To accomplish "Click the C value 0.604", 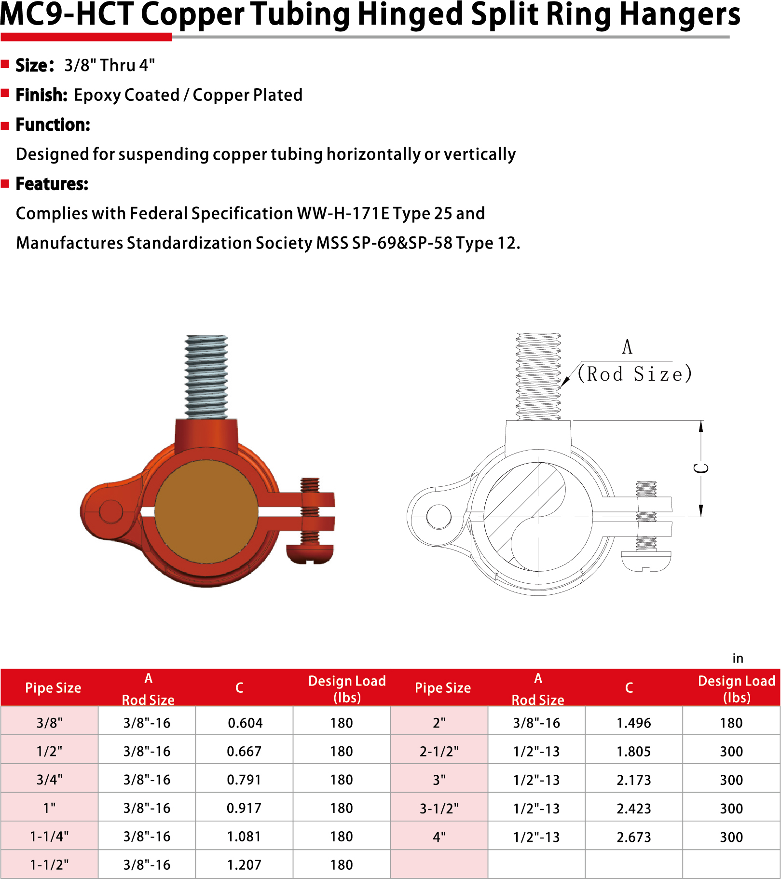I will pos(245,723).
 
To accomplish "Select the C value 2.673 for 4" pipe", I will pos(633,837).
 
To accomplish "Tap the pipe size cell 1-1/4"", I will pos(49,837).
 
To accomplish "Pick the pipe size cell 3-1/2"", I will pos(439,809).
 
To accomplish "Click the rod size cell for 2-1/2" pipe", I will pos(536,751).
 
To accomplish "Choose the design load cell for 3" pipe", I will pos(731,780).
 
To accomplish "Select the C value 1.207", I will pos(244,865).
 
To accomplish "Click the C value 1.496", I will pos(633,723).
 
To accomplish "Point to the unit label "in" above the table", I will pos(738,659).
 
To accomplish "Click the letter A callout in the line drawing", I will pos(627,347).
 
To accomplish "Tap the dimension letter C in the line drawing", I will pos(702,468).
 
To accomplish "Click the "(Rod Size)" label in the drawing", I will pos(634,374).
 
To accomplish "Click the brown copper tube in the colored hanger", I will pos(206,511).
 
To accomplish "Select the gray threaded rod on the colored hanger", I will pos(206,376).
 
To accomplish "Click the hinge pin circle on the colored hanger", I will pos(111,512).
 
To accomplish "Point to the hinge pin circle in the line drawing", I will pos(439,517).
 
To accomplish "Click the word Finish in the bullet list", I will pos(41,95).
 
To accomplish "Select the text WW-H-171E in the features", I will pos(343,213).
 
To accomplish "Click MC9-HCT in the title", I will pos(67,14).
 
